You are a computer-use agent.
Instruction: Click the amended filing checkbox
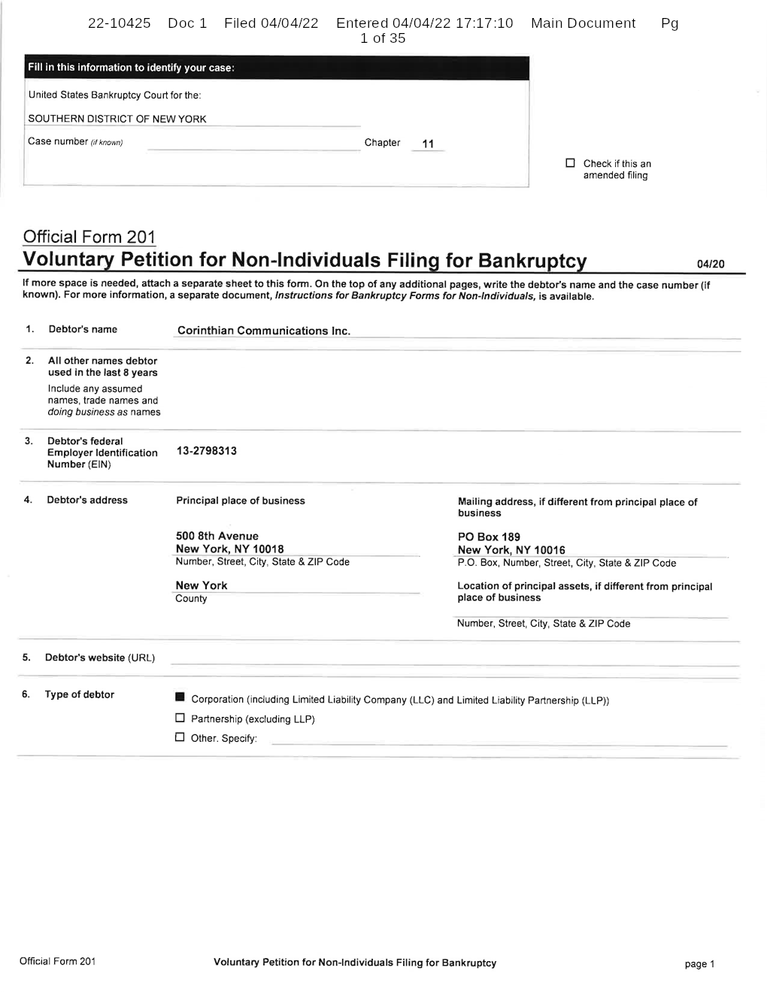(x=570, y=163)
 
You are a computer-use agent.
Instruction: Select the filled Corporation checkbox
(x=180, y=698)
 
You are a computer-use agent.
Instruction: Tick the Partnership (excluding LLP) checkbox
(x=180, y=718)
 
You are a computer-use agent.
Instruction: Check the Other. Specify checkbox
(x=180, y=736)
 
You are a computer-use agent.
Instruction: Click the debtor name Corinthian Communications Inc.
(x=263, y=331)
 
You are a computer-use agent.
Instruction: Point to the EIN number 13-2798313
(x=206, y=451)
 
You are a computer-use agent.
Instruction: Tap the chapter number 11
(x=428, y=144)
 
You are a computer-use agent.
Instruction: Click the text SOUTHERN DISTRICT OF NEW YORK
(x=117, y=119)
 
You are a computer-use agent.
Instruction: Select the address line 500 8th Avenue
(x=217, y=536)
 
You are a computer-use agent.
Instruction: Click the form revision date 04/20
(x=711, y=264)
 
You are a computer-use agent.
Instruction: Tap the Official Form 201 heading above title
(x=89, y=237)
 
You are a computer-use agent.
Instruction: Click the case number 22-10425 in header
(x=119, y=23)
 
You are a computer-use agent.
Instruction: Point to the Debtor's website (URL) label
(x=99, y=658)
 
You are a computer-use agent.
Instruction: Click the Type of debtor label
(x=79, y=694)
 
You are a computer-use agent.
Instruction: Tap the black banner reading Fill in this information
(x=276, y=68)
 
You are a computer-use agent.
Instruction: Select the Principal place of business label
(x=240, y=501)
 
